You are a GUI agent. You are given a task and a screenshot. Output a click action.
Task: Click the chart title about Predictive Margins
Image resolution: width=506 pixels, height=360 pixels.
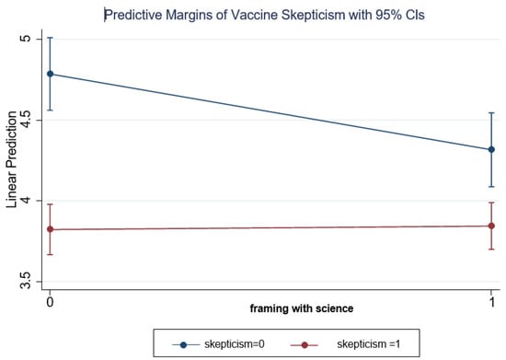pos(258,15)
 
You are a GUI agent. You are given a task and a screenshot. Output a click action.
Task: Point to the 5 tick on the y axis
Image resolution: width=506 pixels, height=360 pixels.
pos(26,38)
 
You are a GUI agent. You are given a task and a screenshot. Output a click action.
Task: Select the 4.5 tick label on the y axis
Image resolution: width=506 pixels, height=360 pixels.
pos(26,119)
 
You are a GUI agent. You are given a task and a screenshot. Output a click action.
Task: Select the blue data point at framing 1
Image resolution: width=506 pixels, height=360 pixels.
pos(492,149)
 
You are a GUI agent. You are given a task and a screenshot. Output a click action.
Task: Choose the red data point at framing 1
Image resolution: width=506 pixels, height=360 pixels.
pos(492,226)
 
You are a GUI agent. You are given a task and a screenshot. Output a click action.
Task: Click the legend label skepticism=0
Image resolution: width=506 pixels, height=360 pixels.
pos(219,343)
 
